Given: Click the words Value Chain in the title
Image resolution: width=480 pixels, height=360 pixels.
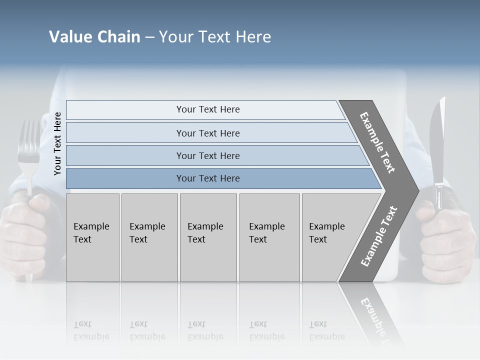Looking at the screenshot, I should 94,37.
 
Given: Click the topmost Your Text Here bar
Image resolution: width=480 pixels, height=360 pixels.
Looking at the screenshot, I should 207,109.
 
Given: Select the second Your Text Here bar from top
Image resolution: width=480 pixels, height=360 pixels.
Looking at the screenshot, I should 207,133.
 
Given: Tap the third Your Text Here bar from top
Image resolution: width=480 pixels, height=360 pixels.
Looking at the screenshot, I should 207,155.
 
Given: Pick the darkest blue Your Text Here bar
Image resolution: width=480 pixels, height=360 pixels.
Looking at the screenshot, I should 207,178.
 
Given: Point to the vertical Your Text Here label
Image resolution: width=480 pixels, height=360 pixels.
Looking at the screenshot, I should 57,143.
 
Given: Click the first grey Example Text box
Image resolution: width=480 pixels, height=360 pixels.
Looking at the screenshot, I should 92,237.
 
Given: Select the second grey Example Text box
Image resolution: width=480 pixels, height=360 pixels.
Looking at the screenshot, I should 149,237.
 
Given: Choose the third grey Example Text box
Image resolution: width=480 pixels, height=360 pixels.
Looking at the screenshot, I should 208,237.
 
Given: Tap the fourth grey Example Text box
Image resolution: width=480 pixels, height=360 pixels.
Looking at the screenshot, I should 269,237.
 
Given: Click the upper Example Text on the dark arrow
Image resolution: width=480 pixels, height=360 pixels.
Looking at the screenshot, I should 377,142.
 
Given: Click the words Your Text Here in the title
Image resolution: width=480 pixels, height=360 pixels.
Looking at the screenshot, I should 215,37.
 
